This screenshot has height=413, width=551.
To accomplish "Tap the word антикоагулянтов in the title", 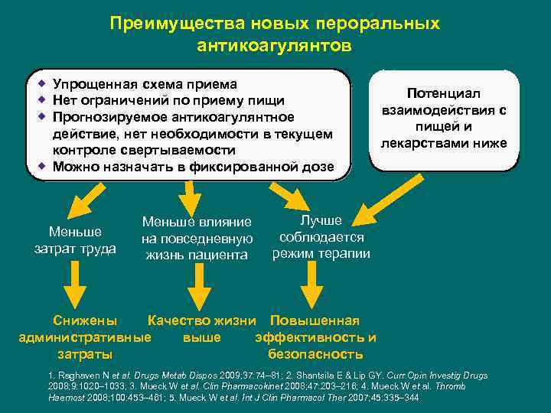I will tap(275, 46).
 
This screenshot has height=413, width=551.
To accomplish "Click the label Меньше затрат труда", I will tap(75, 239).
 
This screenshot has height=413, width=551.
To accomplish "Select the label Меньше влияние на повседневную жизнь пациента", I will tap(197, 238).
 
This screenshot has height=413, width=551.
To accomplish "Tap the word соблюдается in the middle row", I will tap(321, 237).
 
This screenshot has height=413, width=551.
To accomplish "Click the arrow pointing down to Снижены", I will tap(74, 288).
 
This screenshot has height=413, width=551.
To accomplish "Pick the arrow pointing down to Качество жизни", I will tap(197, 288).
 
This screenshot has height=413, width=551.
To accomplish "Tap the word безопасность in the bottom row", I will tap(315, 354).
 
